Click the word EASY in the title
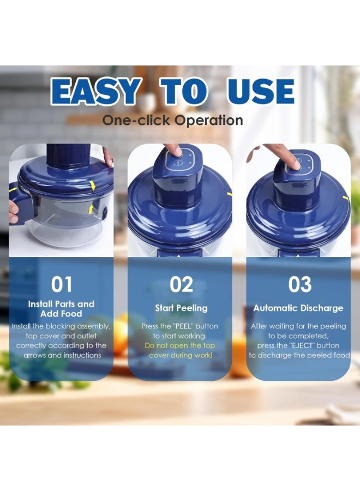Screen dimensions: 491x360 pyautogui.click(x=97, y=92)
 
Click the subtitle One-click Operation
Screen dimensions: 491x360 pyautogui.click(x=172, y=121)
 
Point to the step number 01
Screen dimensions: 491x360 pyautogui.click(x=62, y=284)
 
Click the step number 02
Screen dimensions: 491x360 pyautogui.click(x=181, y=284)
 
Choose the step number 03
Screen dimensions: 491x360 pyautogui.click(x=299, y=284)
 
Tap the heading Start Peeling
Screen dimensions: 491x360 pyautogui.click(x=181, y=308)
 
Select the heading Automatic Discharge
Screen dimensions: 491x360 pyautogui.click(x=298, y=308)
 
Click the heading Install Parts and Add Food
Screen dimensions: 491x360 pyautogui.click(x=61, y=309)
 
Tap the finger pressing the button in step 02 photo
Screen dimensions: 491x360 pyautogui.click(x=173, y=150)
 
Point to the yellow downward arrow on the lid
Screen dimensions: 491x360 pyautogui.click(x=92, y=185)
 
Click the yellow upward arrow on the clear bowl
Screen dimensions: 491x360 pyautogui.click(x=91, y=208)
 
